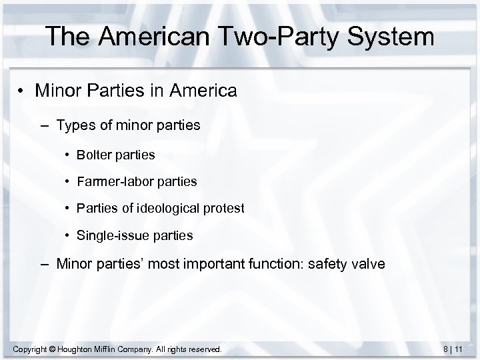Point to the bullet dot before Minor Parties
pos(23,91)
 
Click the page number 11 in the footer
pos(467,349)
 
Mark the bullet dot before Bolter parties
pos(69,155)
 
